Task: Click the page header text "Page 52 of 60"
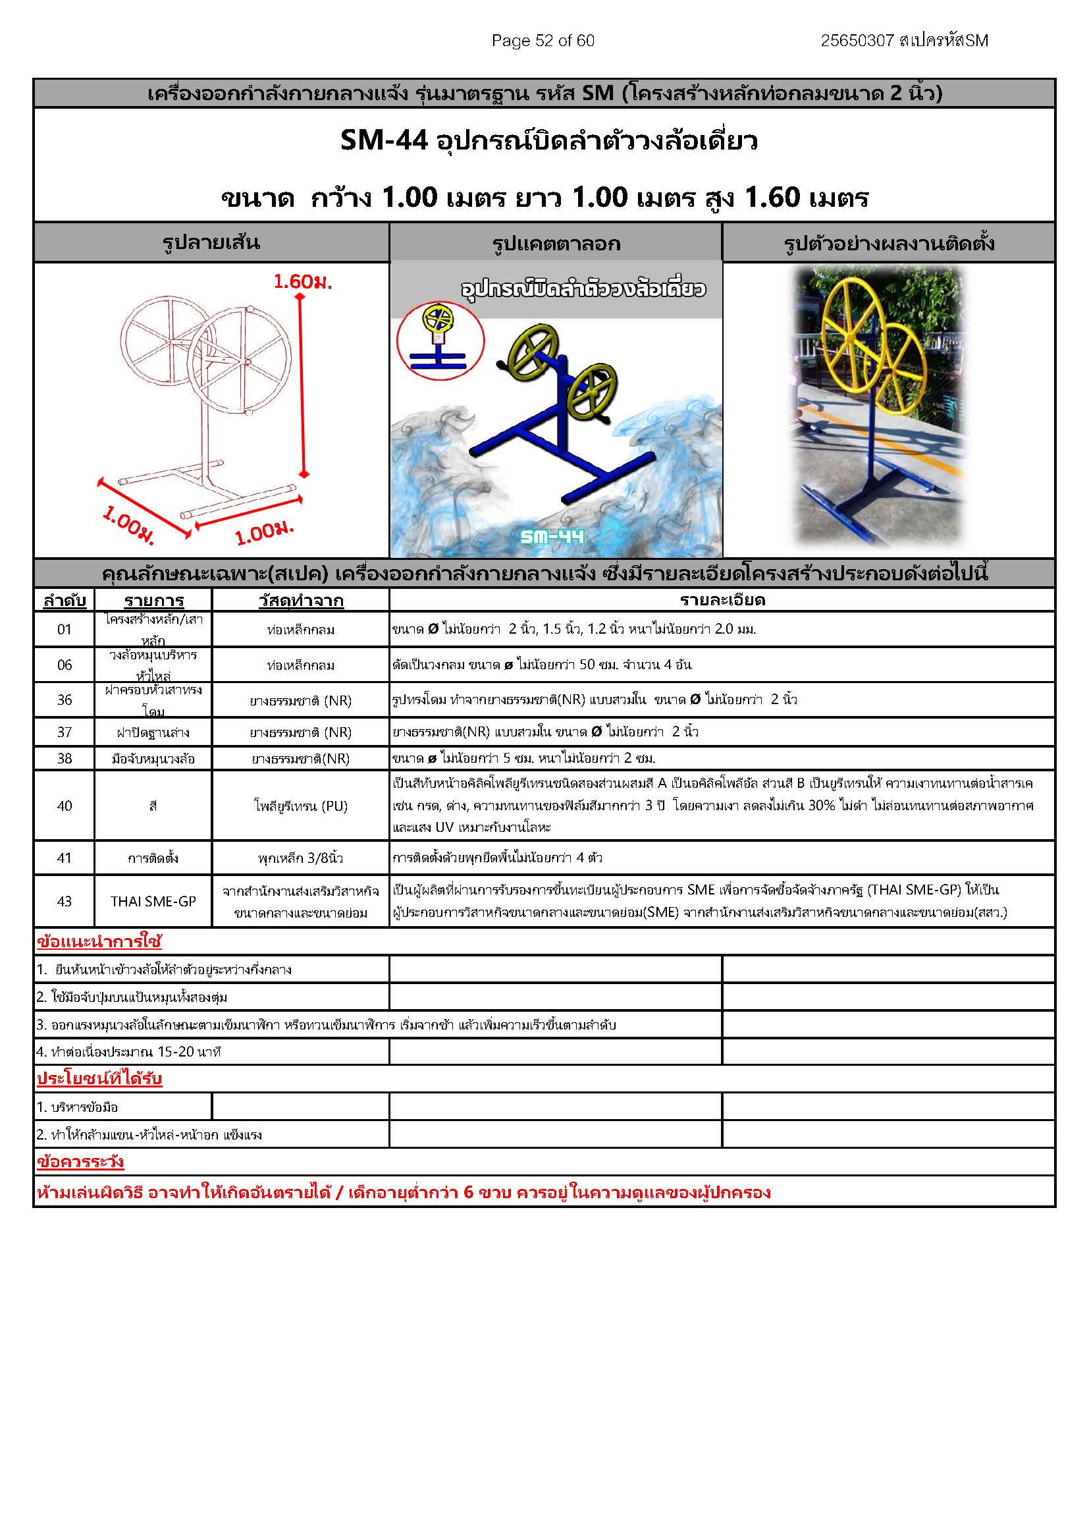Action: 543,41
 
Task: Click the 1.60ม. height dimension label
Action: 302,282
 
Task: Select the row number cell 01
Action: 65,629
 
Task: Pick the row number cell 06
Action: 65,665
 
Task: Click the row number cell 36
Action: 65,700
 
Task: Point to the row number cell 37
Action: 65,732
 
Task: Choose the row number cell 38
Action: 65,758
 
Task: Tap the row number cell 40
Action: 65,806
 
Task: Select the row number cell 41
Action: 65,858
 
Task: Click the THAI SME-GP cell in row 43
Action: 153,902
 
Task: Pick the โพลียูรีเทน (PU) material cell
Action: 300,806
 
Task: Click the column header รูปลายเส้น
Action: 211,242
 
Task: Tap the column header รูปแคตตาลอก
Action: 556,244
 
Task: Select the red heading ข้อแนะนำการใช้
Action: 99,942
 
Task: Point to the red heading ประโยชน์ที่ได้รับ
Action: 99,1079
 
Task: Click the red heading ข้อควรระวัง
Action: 80,1162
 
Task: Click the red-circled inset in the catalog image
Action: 439,339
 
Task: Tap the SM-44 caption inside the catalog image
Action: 552,536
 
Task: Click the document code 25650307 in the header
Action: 857,41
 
